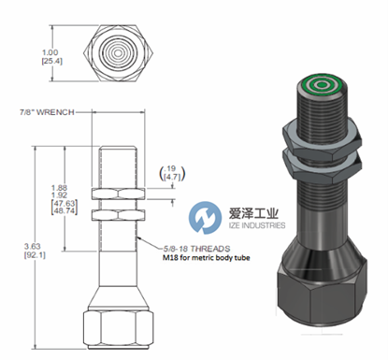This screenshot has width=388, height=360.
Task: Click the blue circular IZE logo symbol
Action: coord(202,221)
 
